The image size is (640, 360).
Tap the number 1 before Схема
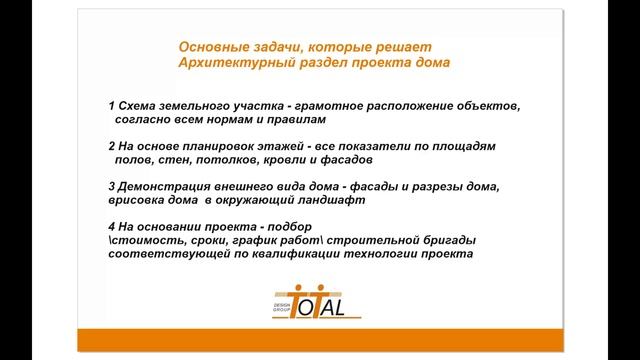[x=110, y=105]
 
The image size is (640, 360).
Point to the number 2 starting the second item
[x=110, y=145]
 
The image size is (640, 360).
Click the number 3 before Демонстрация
[x=110, y=186]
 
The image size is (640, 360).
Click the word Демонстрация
[x=166, y=186]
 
